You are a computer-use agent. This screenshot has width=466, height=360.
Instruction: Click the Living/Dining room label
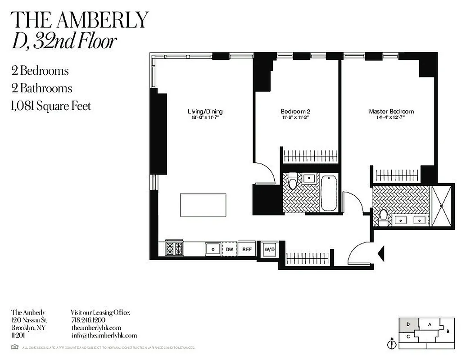point(205,111)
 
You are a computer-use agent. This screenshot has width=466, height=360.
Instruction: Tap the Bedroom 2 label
point(295,111)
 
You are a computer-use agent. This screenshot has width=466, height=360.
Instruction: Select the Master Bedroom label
point(391,111)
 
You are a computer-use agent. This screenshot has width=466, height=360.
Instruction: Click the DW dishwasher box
point(229,249)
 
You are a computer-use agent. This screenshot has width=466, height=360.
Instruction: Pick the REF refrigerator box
point(247,249)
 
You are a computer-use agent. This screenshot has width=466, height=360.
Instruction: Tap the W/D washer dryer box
point(269,249)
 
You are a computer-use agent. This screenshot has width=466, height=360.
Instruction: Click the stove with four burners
point(175,248)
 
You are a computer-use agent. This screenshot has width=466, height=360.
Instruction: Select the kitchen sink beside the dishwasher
point(213,249)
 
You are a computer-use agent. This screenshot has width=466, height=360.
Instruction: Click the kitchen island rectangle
point(203,205)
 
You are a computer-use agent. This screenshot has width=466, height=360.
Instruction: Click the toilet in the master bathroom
point(383,216)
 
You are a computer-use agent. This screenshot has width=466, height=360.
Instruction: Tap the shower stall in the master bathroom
point(442,206)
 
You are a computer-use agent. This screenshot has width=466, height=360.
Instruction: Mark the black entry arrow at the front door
point(380,254)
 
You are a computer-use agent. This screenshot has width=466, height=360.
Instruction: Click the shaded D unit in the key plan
point(408,324)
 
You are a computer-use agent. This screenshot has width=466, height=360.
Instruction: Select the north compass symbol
point(392,344)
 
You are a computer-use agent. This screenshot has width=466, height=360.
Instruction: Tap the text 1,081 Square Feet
point(51,106)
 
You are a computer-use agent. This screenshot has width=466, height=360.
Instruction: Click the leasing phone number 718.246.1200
point(88,320)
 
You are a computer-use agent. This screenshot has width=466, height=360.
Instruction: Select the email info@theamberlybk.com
point(104,335)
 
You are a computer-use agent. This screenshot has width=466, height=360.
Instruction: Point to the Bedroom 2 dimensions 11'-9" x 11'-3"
point(295,117)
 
